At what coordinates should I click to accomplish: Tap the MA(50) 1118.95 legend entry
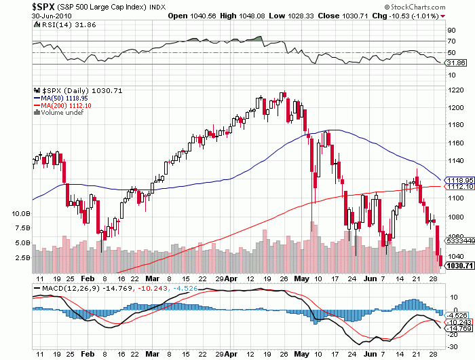71,98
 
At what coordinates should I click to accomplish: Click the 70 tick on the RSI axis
451,41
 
